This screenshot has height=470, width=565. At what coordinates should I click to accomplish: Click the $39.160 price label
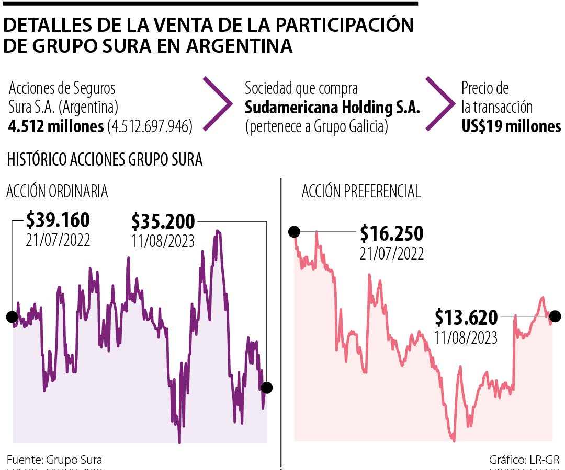click(x=58, y=220)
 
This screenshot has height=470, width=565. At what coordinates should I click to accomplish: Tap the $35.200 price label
click(x=163, y=222)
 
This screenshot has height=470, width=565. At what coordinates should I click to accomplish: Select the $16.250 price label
click(x=391, y=233)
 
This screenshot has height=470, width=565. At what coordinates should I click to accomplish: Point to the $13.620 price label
click(x=466, y=317)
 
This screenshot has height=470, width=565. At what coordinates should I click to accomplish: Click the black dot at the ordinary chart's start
click(x=12, y=316)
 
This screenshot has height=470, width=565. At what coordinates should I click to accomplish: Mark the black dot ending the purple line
click(x=267, y=387)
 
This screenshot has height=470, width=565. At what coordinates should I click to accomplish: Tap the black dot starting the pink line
click(x=294, y=231)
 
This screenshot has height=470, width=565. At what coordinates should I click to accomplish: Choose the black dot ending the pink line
click(x=555, y=316)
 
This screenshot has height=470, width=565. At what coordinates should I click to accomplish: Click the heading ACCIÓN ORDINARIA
click(x=57, y=192)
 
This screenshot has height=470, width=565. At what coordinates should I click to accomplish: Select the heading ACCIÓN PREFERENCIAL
click(x=361, y=192)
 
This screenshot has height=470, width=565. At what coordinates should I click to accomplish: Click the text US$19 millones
click(x=511, y=126)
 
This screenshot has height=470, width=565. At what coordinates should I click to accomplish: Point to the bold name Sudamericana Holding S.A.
click(x=333, y=108)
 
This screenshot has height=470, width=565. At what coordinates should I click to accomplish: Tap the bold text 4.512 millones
click(x=55, y=127)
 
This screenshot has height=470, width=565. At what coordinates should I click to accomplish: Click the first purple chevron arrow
click(x=218, y=103)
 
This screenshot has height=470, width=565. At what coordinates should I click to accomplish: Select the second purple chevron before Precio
click(x=440, y=103)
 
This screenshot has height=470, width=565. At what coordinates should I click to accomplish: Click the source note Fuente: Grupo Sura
click(x=54, y=460)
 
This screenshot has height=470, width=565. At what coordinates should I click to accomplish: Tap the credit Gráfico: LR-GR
click(x=524, y=460)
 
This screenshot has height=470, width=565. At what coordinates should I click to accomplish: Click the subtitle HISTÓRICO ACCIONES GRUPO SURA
click(x=105, y=160)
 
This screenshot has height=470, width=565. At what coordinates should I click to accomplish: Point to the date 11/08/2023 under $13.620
click(x=466, y=337)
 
